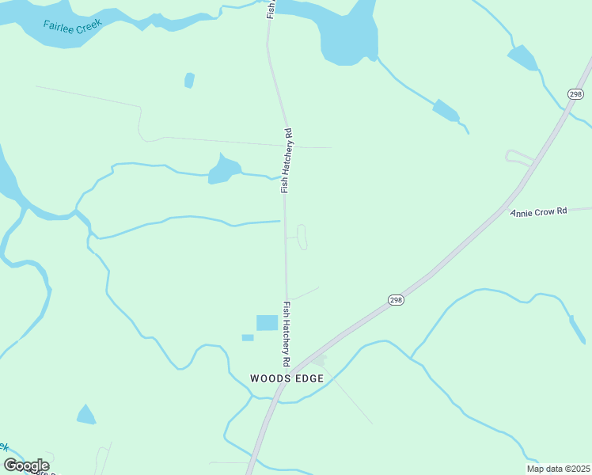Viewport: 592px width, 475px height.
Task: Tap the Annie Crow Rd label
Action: tap(539, 212)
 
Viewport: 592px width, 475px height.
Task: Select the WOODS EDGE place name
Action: tap(287, 378)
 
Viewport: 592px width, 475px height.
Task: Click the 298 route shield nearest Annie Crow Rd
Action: tap(575, 94)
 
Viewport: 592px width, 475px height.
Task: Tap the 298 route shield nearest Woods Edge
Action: tap(397, 298)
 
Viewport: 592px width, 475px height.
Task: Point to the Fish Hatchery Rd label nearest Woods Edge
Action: tap(287, 333)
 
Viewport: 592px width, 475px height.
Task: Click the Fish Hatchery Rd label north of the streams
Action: tap(287, 161)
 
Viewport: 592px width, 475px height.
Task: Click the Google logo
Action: tap(26, 465)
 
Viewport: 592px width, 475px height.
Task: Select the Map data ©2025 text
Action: tap(557, 469)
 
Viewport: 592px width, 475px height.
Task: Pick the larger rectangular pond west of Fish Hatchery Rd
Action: tap(267, 322)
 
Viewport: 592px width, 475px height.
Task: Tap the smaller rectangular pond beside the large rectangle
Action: tap(248, 338)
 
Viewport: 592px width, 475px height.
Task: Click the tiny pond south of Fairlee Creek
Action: tap(189, 80)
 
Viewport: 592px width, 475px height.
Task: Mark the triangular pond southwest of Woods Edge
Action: tap(85, 415)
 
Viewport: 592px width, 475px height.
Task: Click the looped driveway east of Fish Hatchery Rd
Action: tap(302, 237)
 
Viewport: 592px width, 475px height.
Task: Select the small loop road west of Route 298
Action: tap(518, 157)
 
